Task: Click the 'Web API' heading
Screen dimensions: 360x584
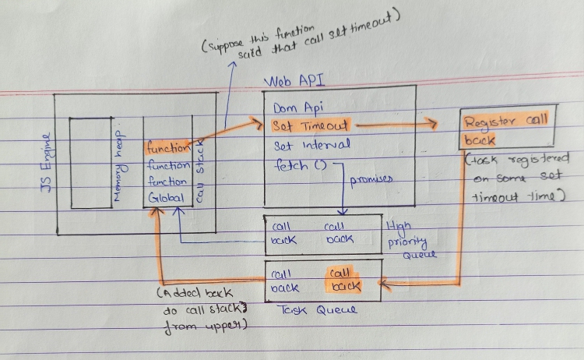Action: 296,82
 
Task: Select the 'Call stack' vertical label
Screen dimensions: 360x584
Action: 199,172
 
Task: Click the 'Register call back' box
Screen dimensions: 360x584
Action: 505,130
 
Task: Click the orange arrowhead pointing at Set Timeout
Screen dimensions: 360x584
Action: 259,122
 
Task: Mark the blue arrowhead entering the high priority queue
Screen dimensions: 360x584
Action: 343,211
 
